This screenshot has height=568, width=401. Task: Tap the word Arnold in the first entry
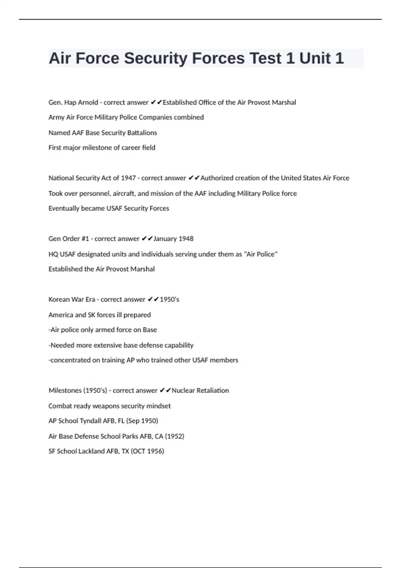tap(88, 103)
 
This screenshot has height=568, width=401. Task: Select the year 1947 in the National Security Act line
tap(128, 178)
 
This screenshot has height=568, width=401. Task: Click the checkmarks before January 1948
tap(147, 239)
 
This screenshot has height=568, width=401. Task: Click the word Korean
tap(58, 299)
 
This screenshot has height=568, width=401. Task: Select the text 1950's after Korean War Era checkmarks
tap(169, 299)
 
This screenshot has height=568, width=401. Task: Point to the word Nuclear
tap(183, 391)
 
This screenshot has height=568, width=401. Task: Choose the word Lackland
tap(92, 451)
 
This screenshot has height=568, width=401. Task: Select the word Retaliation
tap(213, 391)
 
